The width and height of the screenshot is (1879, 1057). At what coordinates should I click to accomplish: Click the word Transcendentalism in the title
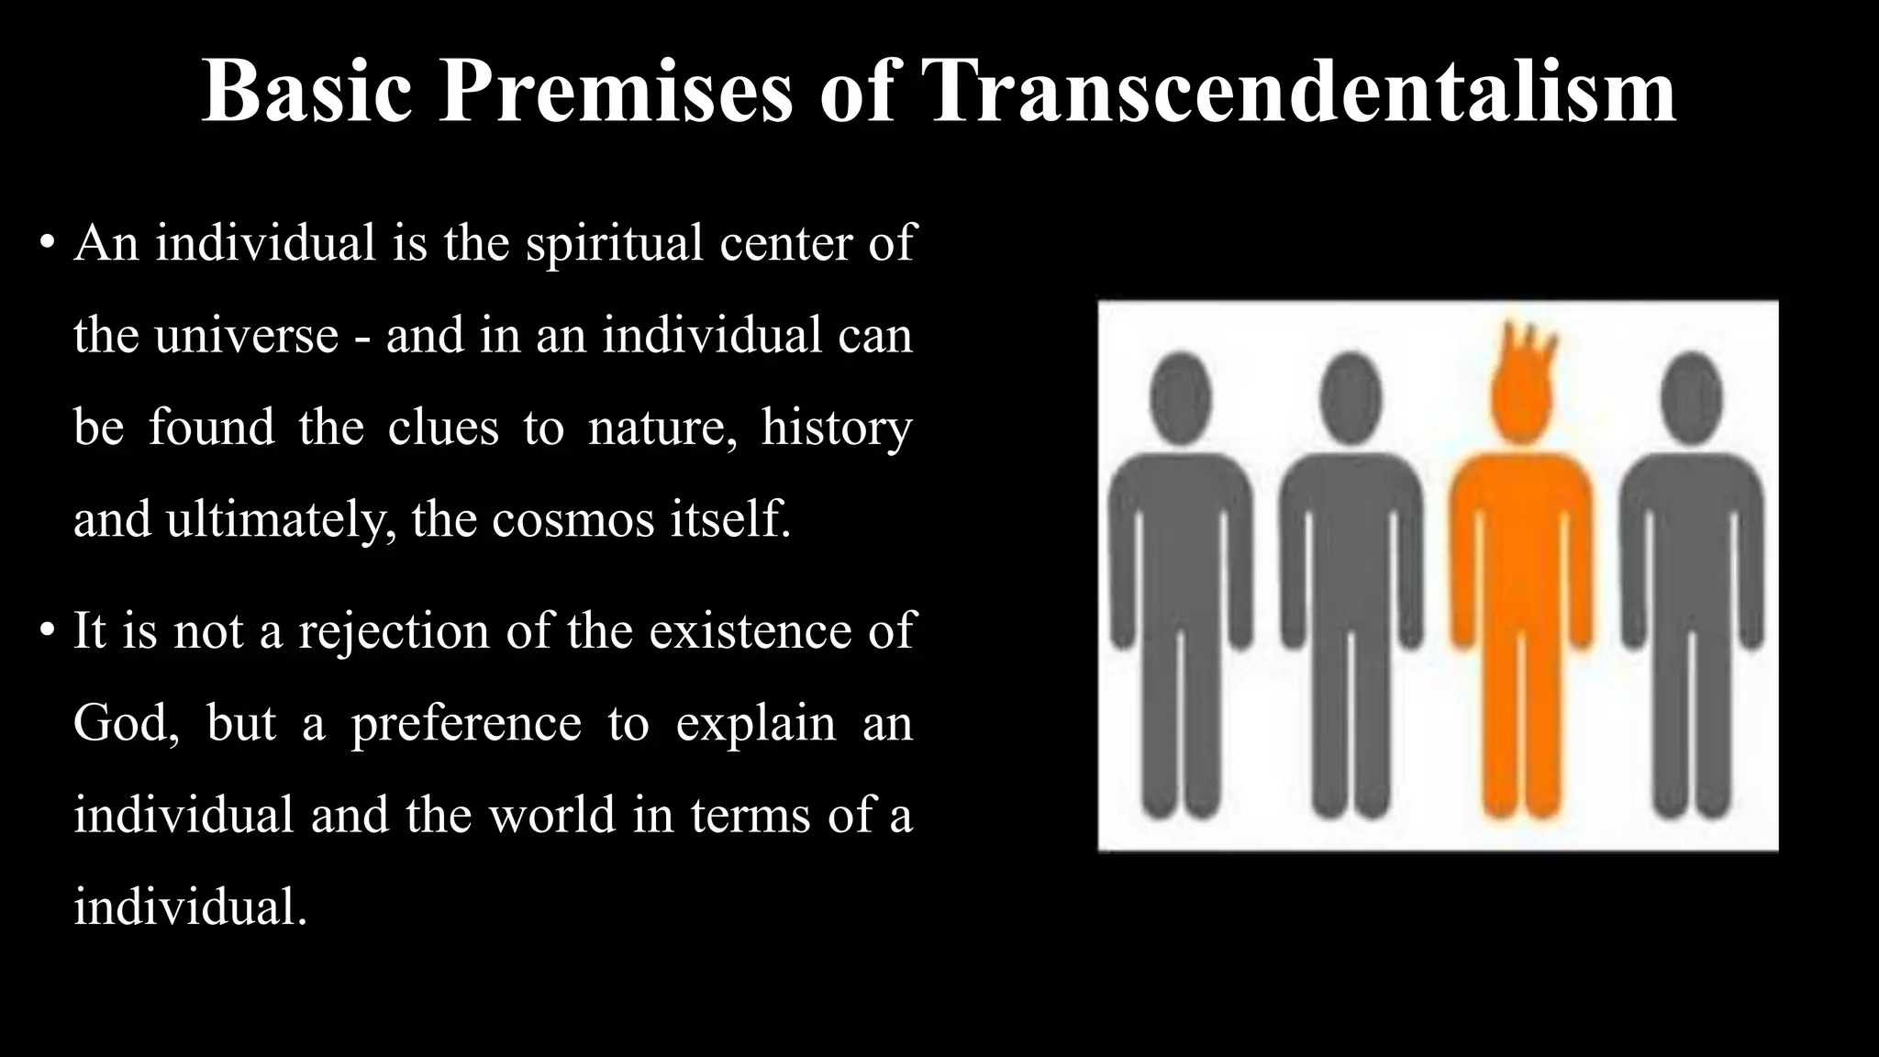(x=1302, y=92)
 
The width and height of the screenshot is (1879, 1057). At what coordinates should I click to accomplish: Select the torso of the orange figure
(x=1522, y=532)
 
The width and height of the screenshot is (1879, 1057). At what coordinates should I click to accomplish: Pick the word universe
(x=247, y=336)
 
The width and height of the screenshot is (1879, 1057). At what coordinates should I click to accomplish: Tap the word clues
(x=443, y=428)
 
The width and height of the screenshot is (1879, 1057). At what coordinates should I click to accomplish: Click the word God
(x=123, y=723)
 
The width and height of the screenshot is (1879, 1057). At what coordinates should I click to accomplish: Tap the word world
(x=551, y=815)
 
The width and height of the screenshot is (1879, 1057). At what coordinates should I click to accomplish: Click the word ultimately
(x=280, y=520)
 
